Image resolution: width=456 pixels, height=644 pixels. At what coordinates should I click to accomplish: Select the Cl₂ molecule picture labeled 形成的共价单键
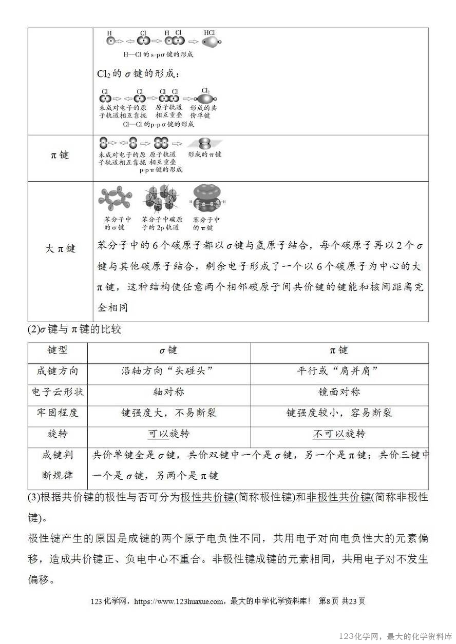click(x=204, y=98)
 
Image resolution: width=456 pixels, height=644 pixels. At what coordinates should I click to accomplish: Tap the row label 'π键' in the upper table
click(x=60, y=154)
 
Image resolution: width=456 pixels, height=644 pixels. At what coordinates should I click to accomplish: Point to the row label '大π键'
click(x=60, y=248)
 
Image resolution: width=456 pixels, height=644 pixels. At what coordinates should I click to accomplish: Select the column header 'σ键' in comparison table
click(x=168, y=350)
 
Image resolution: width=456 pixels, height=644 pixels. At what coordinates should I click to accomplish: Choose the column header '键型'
click(x=58, y=350)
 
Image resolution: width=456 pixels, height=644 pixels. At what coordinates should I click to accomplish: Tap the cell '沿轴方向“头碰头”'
click(x=168, y=371)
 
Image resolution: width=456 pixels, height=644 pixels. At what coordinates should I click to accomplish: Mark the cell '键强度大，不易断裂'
click(x=168, y=413)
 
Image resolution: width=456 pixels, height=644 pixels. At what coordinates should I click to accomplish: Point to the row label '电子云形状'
click(x=58, y=392)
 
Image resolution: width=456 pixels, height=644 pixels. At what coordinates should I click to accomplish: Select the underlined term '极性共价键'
click(x=207, y=497)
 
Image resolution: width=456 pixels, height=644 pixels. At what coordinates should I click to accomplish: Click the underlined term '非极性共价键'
click(x=338, y=497)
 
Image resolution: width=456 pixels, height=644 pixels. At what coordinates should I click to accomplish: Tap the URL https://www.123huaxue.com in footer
click(x=178, y=601)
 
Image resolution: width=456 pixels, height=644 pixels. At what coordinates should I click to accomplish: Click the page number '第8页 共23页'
click(x=341, y=601)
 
